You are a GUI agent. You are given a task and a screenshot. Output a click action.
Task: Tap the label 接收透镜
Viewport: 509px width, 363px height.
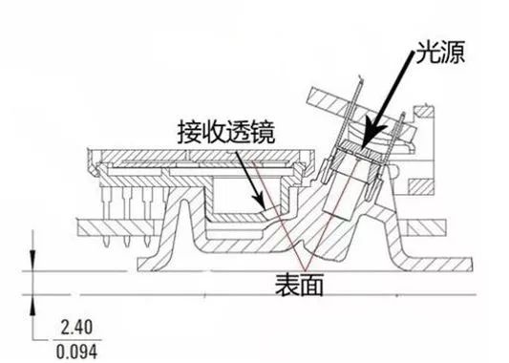pyautogui.click(x=226, y=130)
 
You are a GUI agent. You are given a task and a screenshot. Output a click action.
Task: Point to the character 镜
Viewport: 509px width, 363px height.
pyautogui.click(x=264, y=130)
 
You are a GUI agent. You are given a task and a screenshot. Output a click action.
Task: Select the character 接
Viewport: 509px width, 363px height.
pyautogui.click(x=190, y=130)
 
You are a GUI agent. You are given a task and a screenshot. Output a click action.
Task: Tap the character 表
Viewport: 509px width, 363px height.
pyautogui.click(x=285, y=283)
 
